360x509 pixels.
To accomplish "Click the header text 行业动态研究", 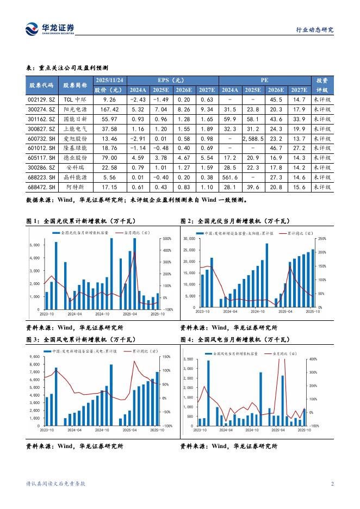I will point(314,30).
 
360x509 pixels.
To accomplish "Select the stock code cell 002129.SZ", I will point(41,100).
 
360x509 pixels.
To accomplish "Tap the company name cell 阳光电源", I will point(75,109).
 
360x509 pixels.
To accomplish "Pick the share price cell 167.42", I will point(109,109).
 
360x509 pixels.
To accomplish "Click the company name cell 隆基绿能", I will point(75,148).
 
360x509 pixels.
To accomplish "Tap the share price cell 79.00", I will point(109,158).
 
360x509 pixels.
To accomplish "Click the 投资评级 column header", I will point(322,85).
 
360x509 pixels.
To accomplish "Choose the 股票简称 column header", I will point(75,85).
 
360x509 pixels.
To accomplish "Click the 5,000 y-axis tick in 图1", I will point(34,245).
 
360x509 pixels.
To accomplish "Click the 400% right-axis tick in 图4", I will point(314,359).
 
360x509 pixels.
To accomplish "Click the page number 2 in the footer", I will point(332,483).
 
